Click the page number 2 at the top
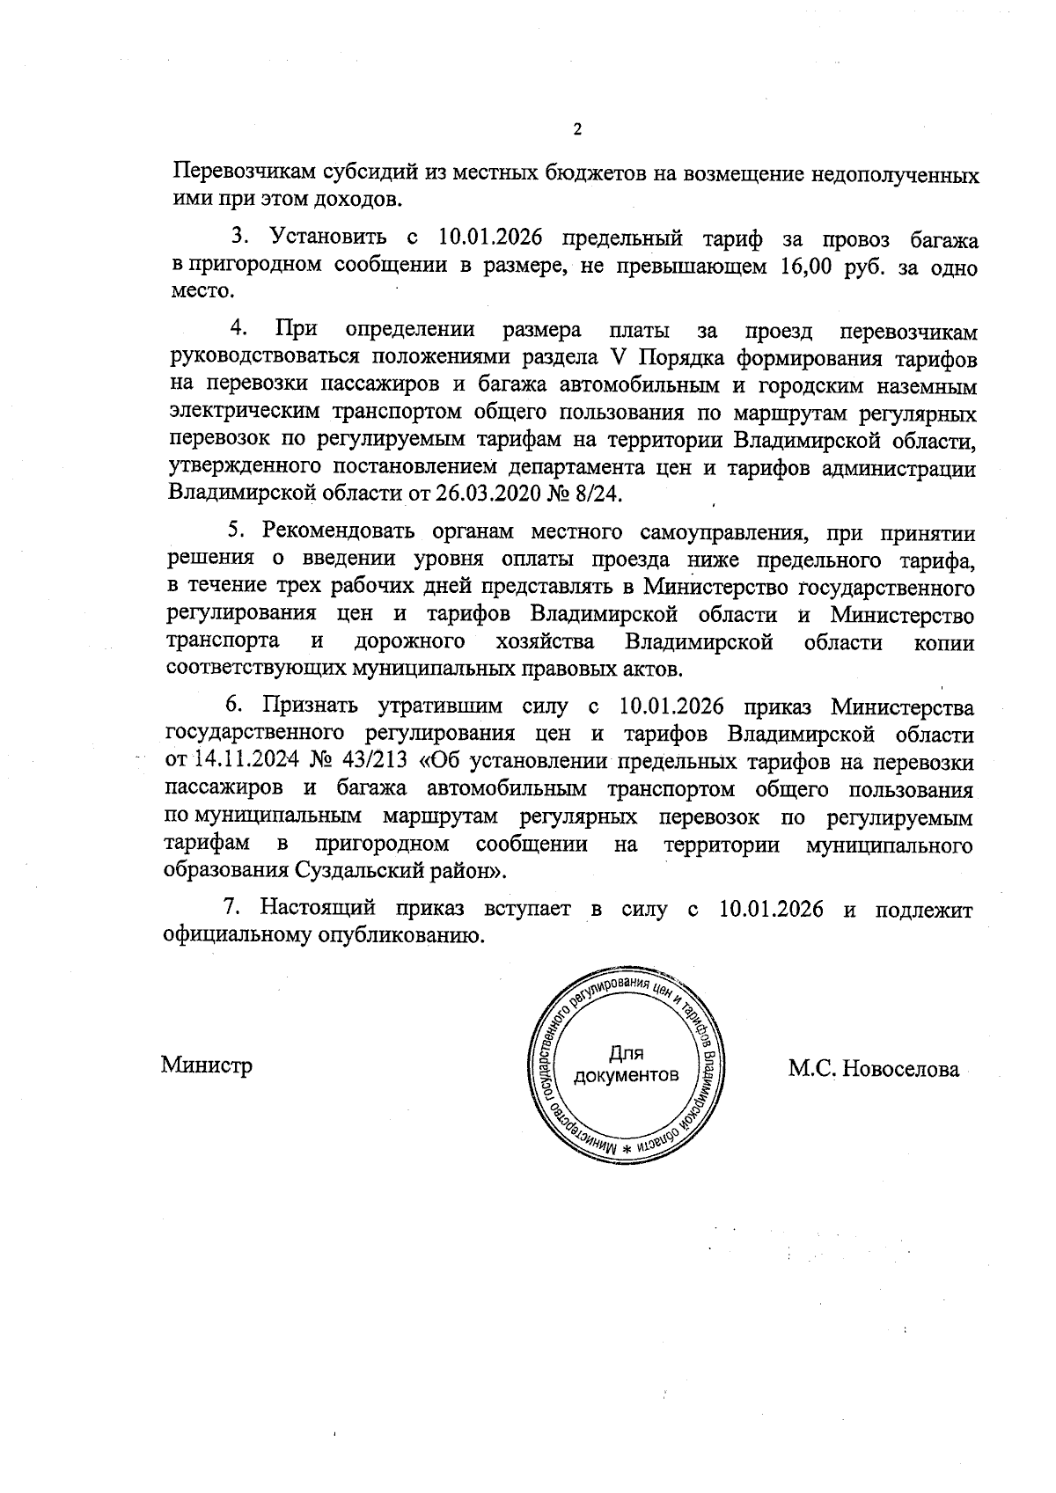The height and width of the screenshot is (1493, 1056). click(x=577, y=130)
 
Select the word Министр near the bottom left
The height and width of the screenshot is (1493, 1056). click(x=207, y=1065)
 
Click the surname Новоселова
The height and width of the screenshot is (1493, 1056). click(x=900, y=1069)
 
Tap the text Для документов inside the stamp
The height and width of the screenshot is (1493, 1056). click(x=626, y=1065)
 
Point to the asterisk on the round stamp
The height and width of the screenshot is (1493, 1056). click(x=626, y=1150)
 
